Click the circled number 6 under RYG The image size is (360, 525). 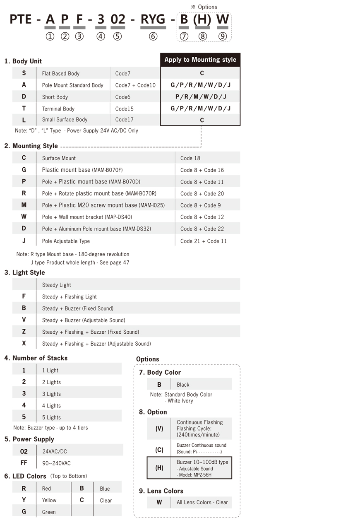click(x=153, y=36)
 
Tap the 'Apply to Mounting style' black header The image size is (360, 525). click(x=200, y=60)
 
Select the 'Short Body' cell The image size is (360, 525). click(x=55, y=97)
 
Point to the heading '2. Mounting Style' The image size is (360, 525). click(x=31, y=146)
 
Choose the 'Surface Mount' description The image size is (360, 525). click(x=59, y=158)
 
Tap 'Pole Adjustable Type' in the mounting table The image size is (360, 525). click(x=66, y=241)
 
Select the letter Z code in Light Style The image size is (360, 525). click(x=24, y=332)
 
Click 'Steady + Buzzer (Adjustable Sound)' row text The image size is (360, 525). click(x=83, y=320)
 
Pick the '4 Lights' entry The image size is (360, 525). click(x=51, y=406)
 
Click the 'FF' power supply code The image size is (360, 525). click(x=24, y=463)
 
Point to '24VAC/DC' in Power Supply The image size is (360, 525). click(x=55, y=452)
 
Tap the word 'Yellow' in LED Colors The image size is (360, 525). click(x=49, y=500)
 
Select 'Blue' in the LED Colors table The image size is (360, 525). click(x=105, y=489)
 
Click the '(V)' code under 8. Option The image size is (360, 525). click(x=159, y=429)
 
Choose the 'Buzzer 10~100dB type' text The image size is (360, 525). click(x=202, y=462)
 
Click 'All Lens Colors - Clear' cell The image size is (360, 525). click(x=202, y=502)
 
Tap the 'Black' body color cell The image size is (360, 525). click(x=183, y=385)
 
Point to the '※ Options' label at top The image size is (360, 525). click(x=204, y=7)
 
